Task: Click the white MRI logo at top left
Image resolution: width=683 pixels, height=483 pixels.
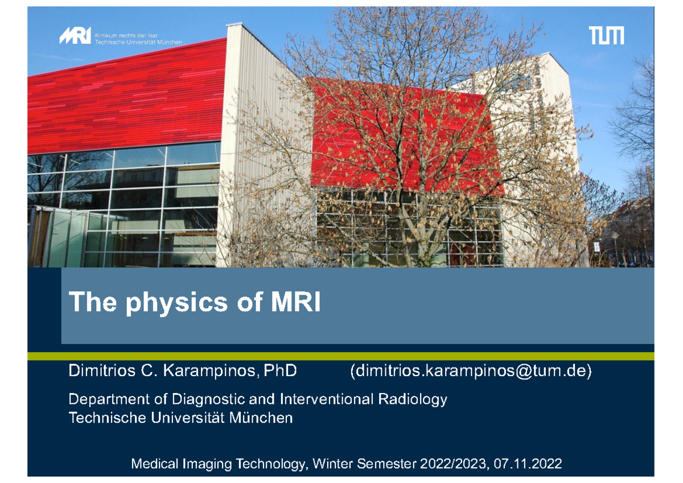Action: [75, 37]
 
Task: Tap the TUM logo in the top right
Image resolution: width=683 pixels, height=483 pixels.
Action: [606, 36]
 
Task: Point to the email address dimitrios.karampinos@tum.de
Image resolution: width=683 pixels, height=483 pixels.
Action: [471, 372]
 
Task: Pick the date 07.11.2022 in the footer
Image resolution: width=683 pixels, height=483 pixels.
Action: [528, 464]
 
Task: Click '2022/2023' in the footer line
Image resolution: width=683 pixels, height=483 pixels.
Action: [453, 464]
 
